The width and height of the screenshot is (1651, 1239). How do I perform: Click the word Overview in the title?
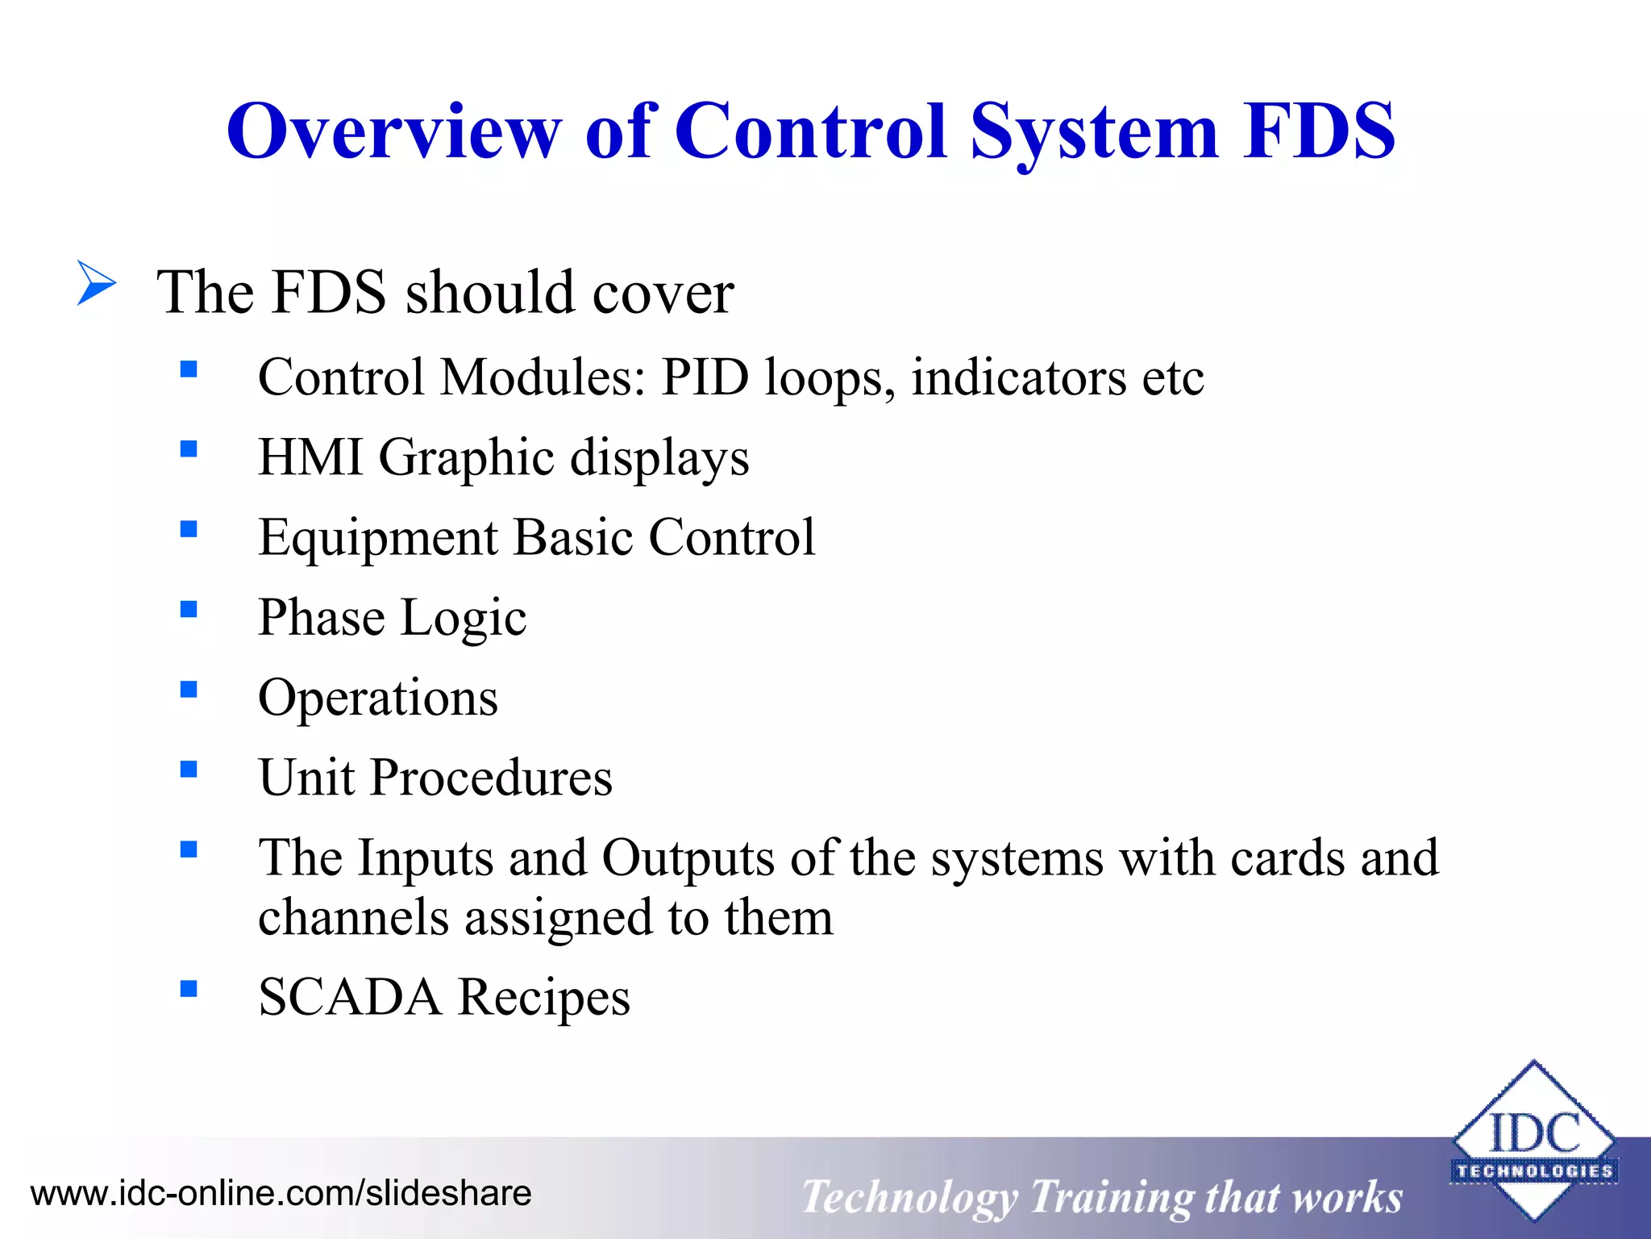[393, 131]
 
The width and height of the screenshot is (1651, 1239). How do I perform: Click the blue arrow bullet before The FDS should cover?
[97, 283]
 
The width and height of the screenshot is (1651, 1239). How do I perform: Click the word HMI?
[310, 457]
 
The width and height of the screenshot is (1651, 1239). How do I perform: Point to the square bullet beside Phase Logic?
[189, 609]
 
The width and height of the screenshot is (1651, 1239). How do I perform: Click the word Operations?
[378, 698]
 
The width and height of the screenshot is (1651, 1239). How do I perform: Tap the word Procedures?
[491, 778]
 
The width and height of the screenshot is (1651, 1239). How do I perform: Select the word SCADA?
[350, 997]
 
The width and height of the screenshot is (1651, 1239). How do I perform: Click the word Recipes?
[544, 997]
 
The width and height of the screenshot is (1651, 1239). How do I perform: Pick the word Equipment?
[378, 538]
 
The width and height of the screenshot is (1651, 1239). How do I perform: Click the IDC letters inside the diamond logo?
[1534, 1133]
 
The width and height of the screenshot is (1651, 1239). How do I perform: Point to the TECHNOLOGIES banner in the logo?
[1534, 1170]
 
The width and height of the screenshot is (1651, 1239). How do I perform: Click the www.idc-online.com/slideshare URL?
[281, 1193]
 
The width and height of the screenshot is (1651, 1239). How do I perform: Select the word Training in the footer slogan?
[1112, 1197]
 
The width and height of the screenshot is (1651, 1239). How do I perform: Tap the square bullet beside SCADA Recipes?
[189, 989]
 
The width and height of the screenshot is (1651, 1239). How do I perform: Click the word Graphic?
[466, 457]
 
